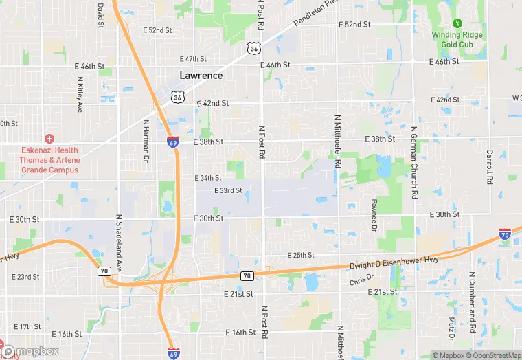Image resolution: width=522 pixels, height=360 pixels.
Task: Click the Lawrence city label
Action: coord(201,76)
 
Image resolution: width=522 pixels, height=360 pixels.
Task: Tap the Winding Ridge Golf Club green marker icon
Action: coord(457,23)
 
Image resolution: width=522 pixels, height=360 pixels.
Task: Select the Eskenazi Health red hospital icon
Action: coord(49,139)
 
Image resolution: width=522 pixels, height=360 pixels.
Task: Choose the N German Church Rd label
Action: coord(414,162)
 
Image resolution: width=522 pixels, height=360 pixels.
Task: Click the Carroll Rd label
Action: coord(490,167)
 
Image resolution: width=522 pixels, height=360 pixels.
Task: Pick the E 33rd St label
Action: coord(228,190)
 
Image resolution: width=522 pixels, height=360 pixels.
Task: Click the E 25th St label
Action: coord(300,255)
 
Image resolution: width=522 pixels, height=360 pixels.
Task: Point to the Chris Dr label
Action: coord(361,280)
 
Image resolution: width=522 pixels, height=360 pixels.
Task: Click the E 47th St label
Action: coord(193,59)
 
